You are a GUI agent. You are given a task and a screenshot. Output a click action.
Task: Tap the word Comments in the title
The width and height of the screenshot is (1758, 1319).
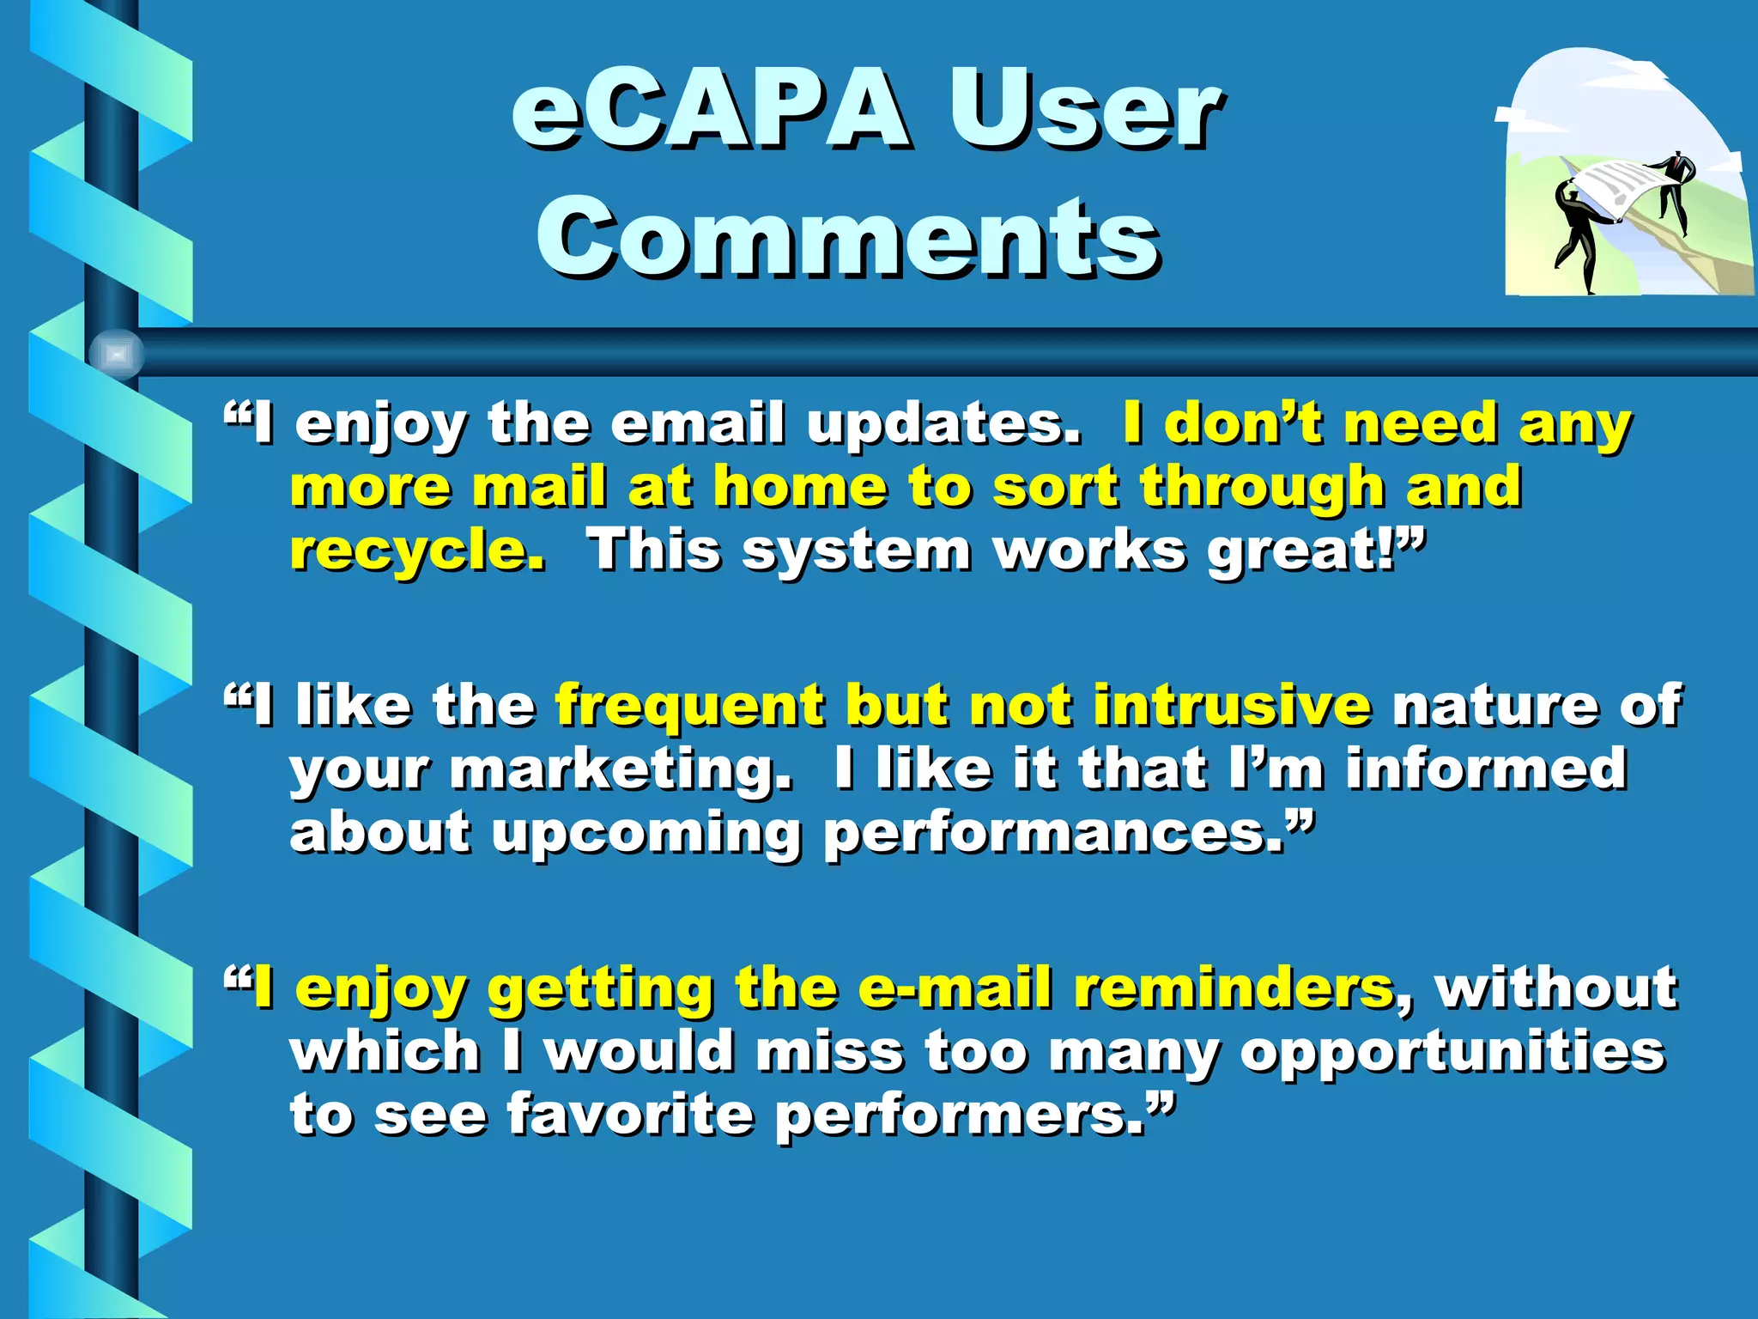848,237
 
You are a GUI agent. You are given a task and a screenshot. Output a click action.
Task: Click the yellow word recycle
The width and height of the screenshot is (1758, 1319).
417,551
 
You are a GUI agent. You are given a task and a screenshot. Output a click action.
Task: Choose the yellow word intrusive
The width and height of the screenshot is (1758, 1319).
1231,706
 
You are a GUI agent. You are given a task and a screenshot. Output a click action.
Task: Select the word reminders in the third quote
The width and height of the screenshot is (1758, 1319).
1233,988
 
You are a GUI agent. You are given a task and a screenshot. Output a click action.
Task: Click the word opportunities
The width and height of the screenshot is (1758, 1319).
1451,1052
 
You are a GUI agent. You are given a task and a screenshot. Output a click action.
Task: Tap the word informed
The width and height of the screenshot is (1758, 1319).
1485,769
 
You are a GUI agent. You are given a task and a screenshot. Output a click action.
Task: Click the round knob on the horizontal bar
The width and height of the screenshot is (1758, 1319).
116,354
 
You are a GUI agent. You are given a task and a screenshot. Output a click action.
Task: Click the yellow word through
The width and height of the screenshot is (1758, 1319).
1262,488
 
